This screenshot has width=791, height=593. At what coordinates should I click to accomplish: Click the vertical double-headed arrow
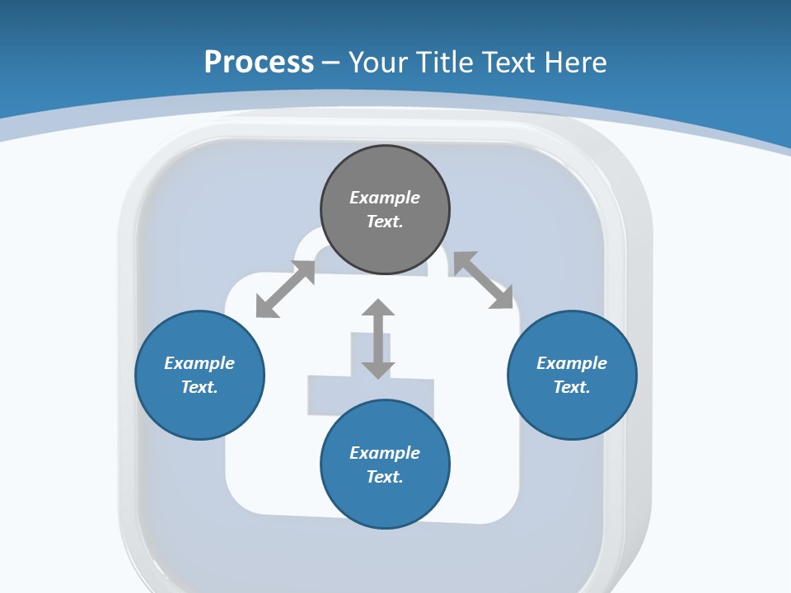tap(378, 339)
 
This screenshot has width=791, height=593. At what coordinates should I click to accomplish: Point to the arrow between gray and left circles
tap(285, 289)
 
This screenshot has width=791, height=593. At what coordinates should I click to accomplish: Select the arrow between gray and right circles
tap(483, 280)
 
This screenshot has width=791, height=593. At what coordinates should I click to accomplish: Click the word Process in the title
tap(259, 62)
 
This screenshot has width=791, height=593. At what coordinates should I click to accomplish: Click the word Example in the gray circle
tap(385, 198)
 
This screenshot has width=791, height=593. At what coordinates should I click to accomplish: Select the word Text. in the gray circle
tap(385, 222)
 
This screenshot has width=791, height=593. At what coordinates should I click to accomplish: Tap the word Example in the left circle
tap(199, 363)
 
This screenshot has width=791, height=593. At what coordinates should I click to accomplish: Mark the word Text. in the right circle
tap(572, 387)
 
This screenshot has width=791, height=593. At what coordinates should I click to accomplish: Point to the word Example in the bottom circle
tap(385, 453)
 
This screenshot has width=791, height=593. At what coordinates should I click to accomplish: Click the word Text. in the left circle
tap(199, 387)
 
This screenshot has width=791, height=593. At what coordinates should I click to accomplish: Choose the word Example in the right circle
tap(572, 363)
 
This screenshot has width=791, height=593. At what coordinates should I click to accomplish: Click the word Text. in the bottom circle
tap(385, 477)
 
